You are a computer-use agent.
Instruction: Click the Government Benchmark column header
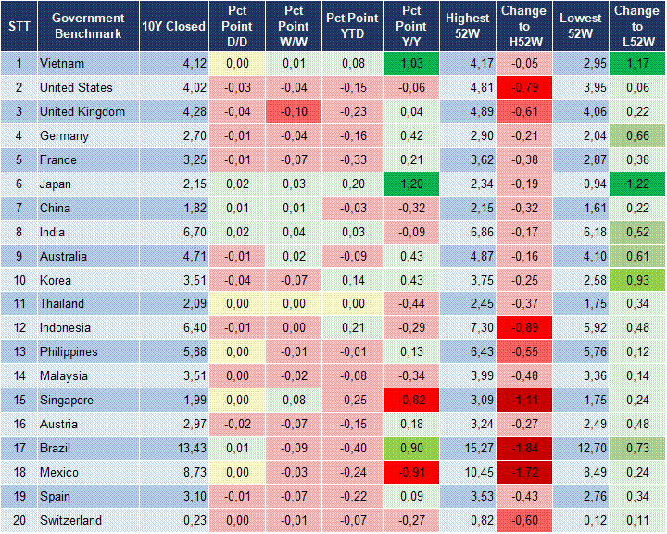click(88, 26)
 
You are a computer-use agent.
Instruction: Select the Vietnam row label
click(62, 64)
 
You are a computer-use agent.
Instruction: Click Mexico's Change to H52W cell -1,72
click(524, 473)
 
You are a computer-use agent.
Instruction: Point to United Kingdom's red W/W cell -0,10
click(294, 112)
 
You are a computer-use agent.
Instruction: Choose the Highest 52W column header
click(467, 26)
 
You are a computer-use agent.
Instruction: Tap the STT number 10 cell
click(19, 280)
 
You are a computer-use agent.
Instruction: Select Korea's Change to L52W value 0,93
click(636, 280)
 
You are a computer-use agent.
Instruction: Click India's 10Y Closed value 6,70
click(192, 232)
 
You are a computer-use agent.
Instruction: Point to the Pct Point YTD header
click(352, 26)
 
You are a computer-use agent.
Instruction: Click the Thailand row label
click(62, 304)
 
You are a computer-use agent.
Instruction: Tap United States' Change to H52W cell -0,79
click(524, 88)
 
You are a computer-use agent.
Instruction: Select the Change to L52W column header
click(636, 26)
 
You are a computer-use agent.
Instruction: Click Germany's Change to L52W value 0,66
click(636, 136)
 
